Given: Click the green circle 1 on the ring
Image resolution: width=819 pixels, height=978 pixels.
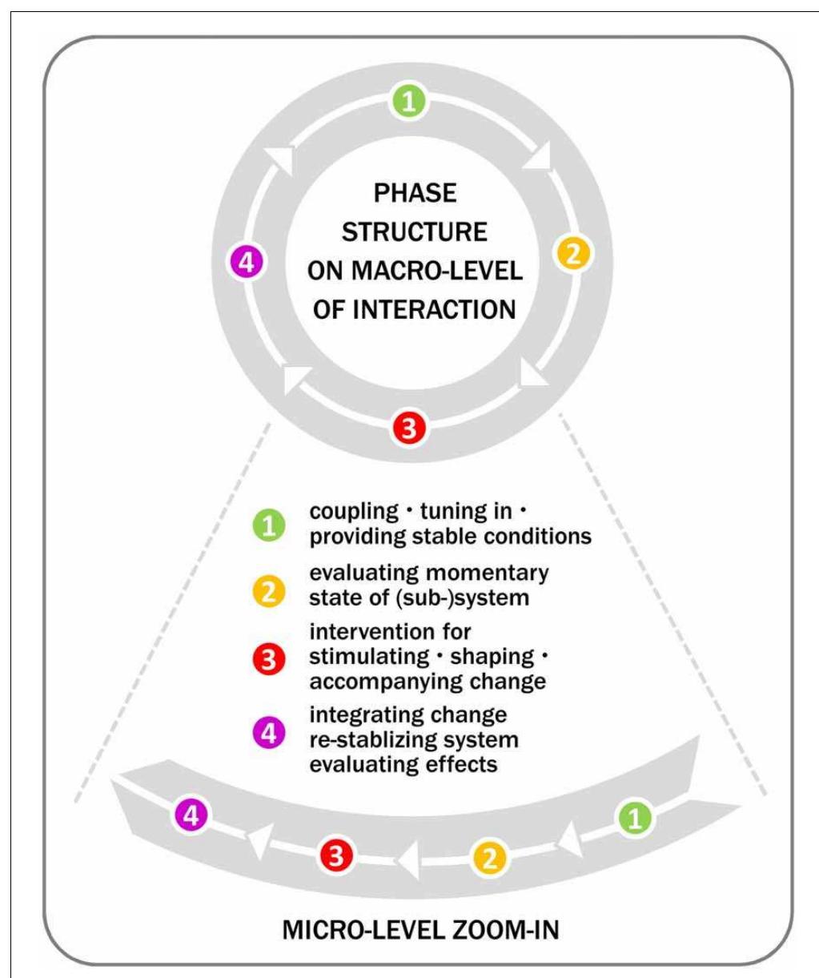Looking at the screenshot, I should tap(408, 102).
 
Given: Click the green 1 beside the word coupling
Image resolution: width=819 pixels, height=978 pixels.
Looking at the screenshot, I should tap(269, 525).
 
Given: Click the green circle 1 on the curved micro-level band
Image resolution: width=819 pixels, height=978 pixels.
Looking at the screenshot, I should tap(635, 818).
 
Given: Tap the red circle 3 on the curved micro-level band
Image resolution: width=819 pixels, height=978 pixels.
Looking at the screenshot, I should tap(336, 855).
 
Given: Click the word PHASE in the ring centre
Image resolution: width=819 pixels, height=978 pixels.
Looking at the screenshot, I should tap(415, 193).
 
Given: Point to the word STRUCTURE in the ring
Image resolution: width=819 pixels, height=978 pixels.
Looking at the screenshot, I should tap(415, 232).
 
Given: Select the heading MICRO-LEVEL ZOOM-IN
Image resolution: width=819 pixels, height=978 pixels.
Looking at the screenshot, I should tap(420, 930).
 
